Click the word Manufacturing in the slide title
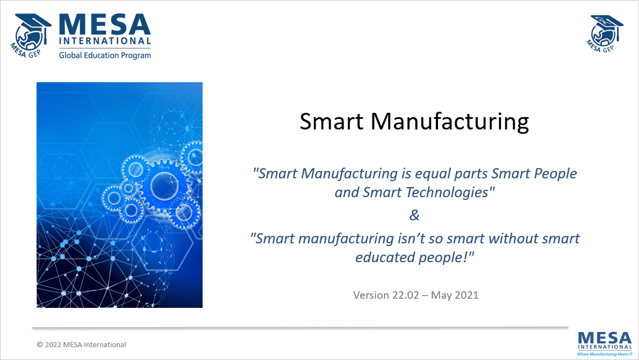[x=450, y=122]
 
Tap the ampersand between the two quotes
[x=414, y=215]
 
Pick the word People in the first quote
[x=554, y=174]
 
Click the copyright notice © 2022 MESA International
[x=81, y=344]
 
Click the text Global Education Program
[x=105, y=55]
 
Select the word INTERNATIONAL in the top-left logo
[x=105, y=41]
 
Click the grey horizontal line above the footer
[x=300, y=327]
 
